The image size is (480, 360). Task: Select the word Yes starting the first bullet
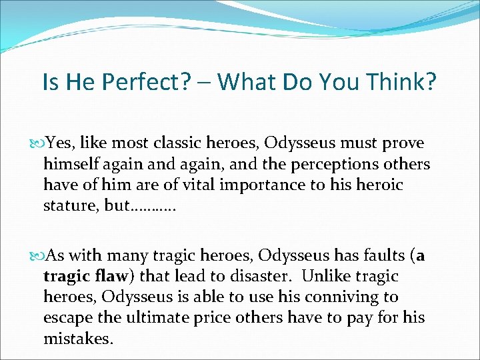(x=57, y=143)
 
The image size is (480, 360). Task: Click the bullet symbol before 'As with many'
(x=36, y=256)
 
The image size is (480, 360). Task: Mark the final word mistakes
(x=76, y=339)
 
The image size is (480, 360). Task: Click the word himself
(x=69, y=163)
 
